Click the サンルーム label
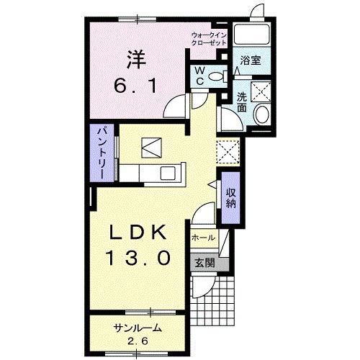[137, 328]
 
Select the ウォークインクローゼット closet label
[210, 39]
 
